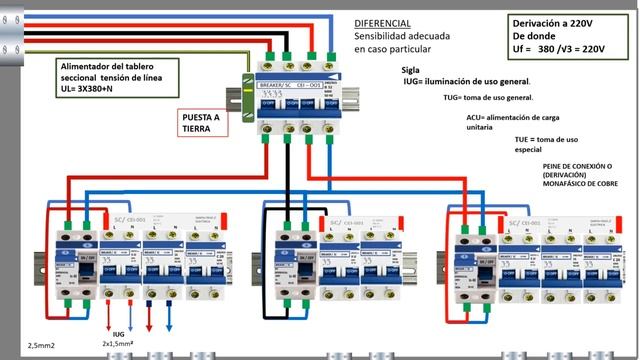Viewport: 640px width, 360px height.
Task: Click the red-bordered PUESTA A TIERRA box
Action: [201, 121]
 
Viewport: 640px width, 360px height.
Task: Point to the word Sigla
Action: [410, 70]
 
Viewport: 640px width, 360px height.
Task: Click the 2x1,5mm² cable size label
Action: [118, 342]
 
